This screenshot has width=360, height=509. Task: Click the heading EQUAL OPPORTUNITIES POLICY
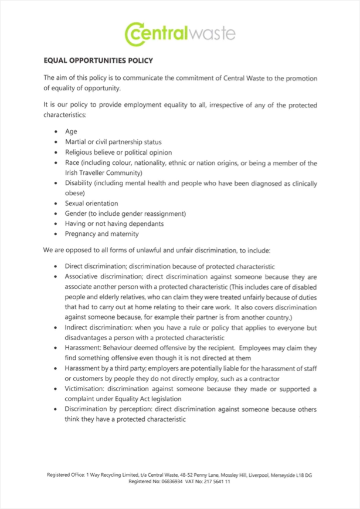click(98, 60)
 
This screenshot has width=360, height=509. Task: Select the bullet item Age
click(71, 132)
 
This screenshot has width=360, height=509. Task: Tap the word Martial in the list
click(76, 142)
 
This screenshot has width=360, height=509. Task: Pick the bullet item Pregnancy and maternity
click(101, 234)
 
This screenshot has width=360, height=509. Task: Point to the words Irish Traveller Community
click(103, 173)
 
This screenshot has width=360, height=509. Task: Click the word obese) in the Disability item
click(76, 193)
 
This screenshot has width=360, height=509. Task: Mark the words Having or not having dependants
click(114, 224)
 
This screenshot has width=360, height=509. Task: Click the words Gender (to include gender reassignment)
click(125, 213)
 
